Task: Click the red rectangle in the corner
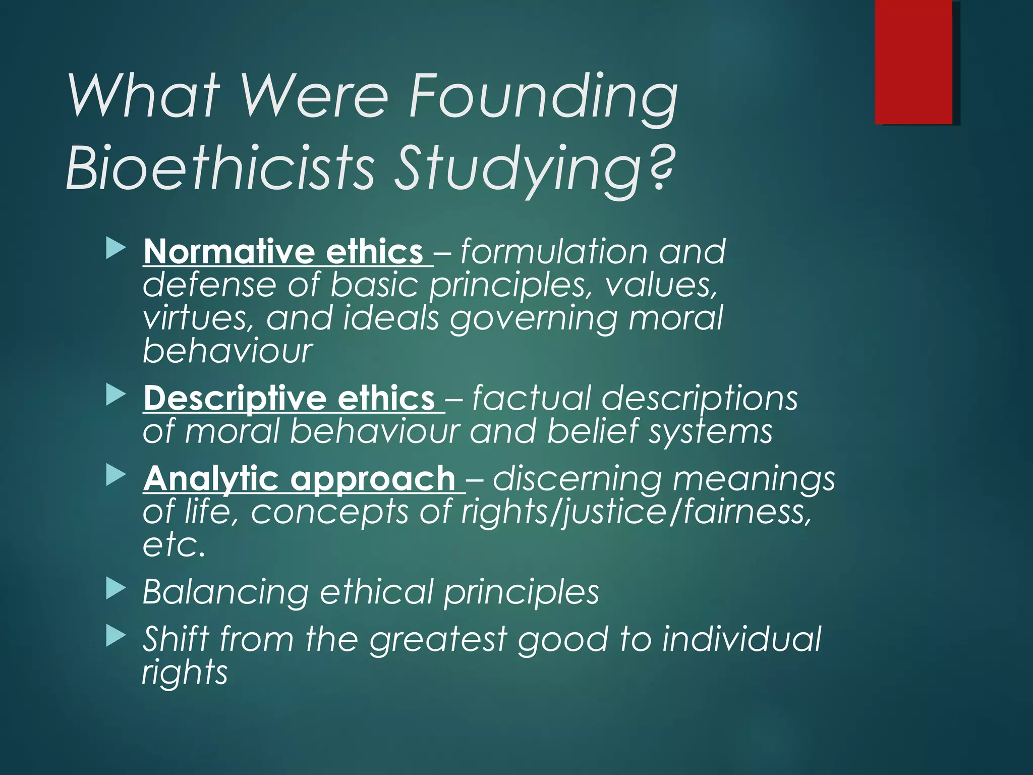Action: tap(913, 62)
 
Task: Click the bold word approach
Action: tap(373, 479)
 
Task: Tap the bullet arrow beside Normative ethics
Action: tap(116, 249)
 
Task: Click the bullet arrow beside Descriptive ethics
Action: tap(116, 396)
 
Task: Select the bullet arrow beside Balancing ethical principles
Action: tap(116, 589)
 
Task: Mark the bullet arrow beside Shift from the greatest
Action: tap(116, 637)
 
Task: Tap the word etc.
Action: tap(174, 545)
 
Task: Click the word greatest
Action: tap(438, 640)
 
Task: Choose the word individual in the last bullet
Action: tap(741, 639)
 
